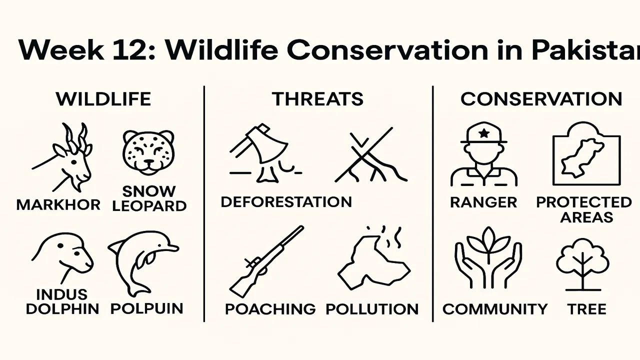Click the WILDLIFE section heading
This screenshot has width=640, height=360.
[103, 99]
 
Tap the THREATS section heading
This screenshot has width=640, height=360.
[317, 99]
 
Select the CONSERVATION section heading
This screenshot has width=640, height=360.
[541, 99]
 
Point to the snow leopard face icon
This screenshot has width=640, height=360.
[148, 152]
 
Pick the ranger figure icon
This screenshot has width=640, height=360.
[483, 155]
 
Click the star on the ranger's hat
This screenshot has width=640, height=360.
[483, 133]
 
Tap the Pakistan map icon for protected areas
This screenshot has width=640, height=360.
[585, 154]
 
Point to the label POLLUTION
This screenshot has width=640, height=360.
[372, 309]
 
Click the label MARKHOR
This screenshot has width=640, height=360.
[58, 204]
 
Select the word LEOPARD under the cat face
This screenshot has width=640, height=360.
[149, 205]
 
